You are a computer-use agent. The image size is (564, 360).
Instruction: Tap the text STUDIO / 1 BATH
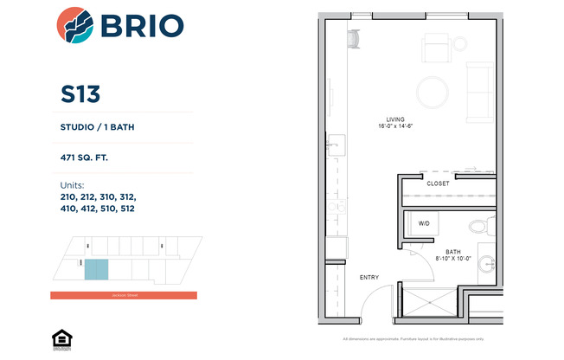pyautogui.click(x=97, y=128)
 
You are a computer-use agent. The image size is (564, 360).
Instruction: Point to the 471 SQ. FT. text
pyautogui.click(x=84, y=158)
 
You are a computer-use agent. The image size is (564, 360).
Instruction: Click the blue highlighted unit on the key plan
pyautogui.click(x=97, y=269)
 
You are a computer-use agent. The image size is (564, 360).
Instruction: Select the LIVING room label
pyautogui.click(x=397, y=119)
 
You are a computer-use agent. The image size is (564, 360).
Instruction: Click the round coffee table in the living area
pyautogui.click(x=432, y=91)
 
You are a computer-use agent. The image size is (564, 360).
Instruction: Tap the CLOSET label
pyautogui.click(x=438, y=183)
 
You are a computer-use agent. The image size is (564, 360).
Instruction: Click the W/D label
pyautogui.click(x=425, y=223)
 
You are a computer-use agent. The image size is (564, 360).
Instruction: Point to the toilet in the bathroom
pyautogui.click(x=477, y=228)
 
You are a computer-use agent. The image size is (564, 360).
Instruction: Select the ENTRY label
pyautogui.click(x=369, y=277)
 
